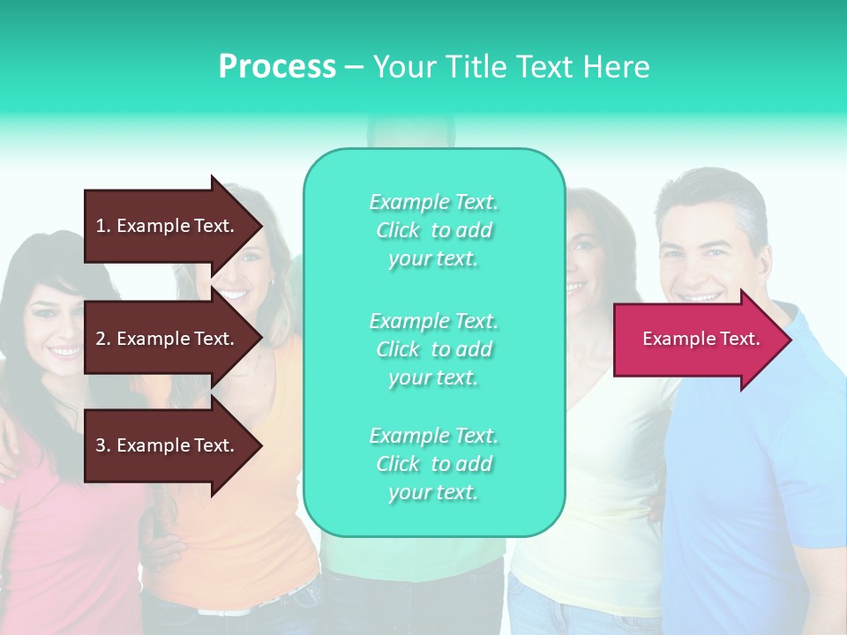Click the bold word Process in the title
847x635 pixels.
tap(277, 66)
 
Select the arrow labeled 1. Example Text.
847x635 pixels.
tap(168, 226)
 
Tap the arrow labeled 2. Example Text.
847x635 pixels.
tap(168, 339)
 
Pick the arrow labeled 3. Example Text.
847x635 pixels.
tap(168, 445)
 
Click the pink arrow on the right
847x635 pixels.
tap(697, 340)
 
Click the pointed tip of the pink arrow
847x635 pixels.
tap(788, 340)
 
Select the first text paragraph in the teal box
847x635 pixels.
tap(433, 230)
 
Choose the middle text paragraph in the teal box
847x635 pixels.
tap(433, 349)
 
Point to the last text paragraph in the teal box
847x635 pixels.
tap(433, 464)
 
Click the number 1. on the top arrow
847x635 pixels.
tap(103, 226)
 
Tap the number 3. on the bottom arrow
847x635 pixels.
tap(103, 445)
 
